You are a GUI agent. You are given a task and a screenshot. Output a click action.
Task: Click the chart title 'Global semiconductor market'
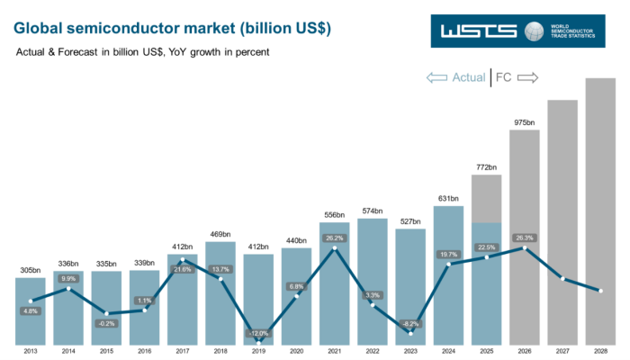point(172,29)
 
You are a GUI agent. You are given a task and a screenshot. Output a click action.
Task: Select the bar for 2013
point(30,310)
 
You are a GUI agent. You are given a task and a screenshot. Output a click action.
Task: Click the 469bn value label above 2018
point(220,234)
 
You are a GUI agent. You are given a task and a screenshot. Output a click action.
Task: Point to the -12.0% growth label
point(259,333)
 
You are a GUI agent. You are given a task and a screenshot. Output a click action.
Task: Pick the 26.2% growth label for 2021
point(335,238)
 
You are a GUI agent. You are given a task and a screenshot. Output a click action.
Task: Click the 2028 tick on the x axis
point(600,352)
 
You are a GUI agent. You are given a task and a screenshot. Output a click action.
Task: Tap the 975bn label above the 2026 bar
point(524,122)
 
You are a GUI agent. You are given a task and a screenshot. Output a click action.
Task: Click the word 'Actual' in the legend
point(468,77)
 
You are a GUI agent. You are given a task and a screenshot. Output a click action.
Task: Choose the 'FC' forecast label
point(504,77)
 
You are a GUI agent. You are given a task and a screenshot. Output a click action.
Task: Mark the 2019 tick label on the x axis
point(258,352)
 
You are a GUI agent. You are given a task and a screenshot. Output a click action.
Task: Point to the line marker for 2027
point(562,279)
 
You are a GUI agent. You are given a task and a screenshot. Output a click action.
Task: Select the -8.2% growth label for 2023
point(410,323)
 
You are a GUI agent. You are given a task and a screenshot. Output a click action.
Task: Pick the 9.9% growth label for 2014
point(67,279)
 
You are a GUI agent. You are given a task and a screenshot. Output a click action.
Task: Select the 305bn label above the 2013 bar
point(30,270)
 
